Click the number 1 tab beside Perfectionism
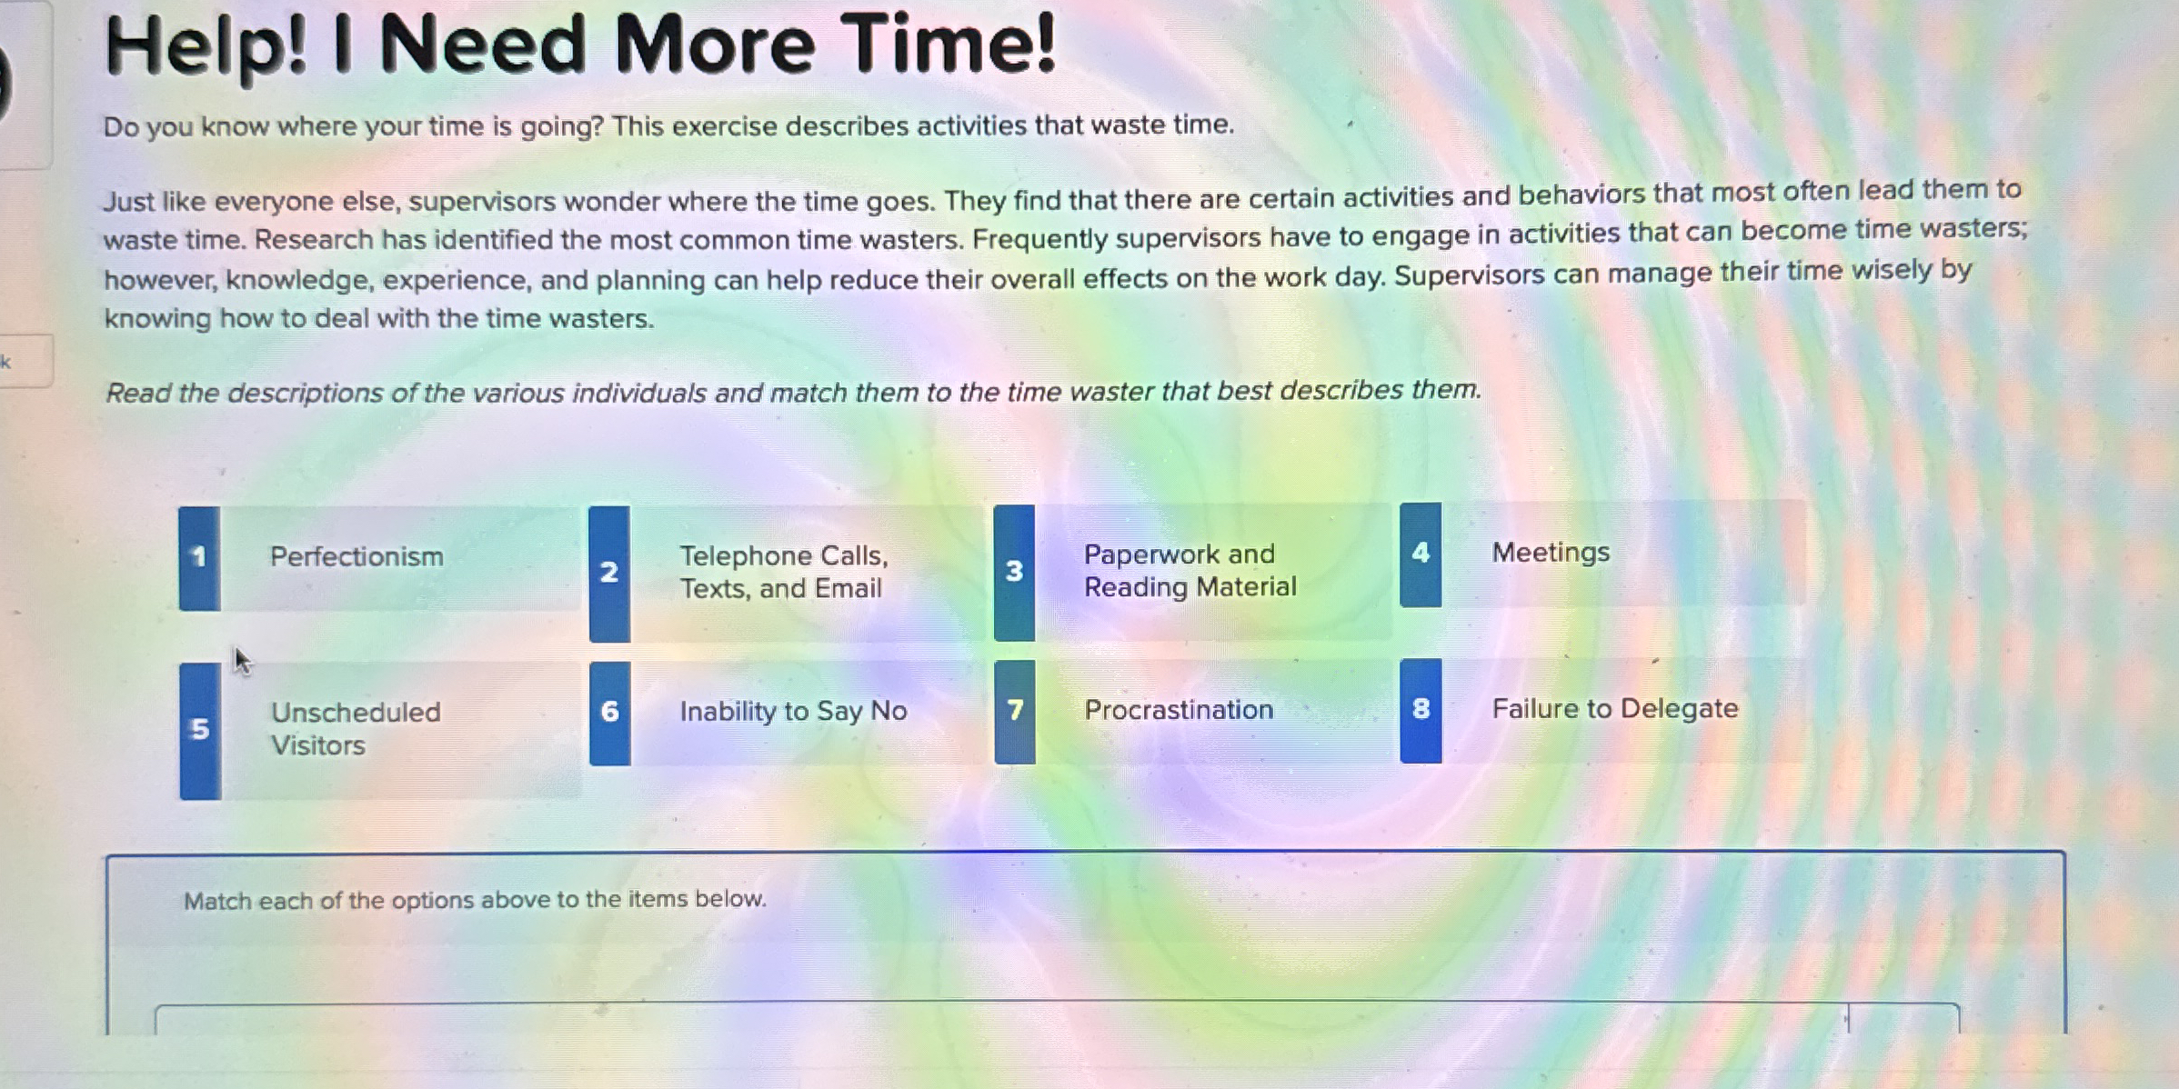199,557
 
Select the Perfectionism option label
356,556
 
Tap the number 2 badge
609,573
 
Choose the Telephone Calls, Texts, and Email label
782,572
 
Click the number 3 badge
1014,572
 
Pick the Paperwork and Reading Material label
1190,571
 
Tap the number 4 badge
1421,554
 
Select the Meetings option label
1551,553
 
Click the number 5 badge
200,729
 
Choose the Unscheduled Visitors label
356,729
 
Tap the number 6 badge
609,712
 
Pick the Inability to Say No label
793,711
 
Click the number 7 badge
1015,710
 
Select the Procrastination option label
1179,710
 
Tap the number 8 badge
1421,709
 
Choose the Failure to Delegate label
1615,709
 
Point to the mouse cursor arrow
241,660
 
